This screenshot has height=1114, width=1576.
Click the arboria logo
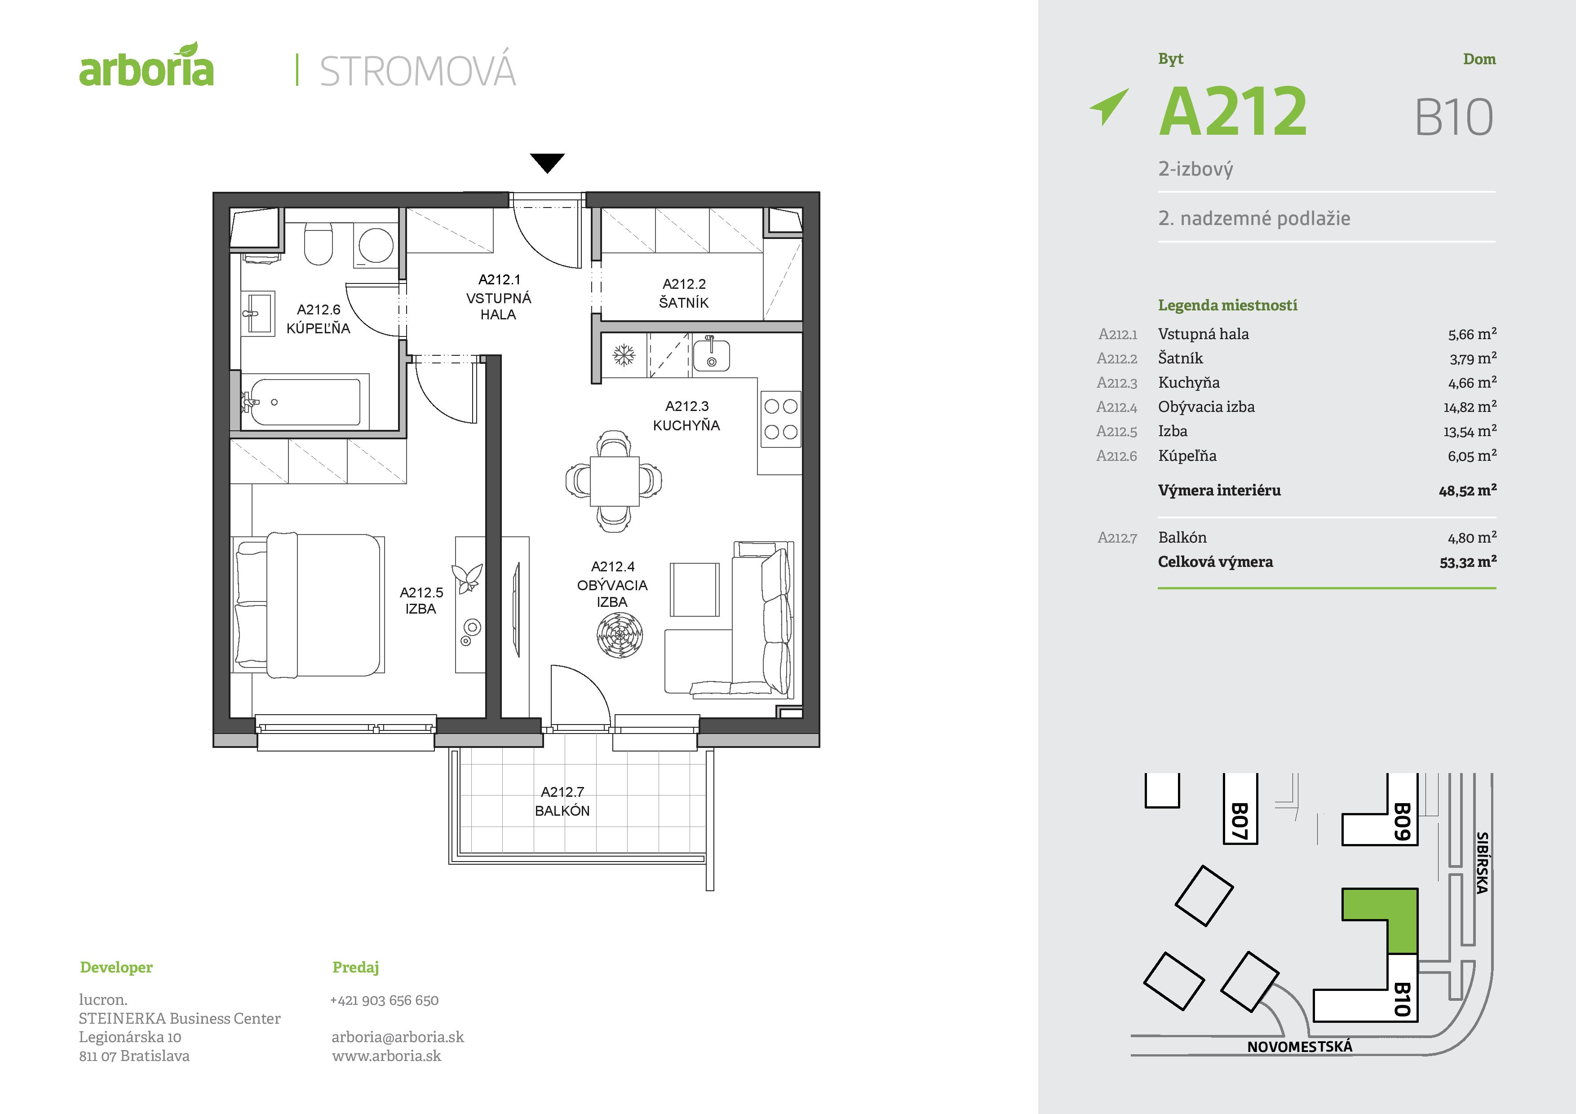coord(146,67)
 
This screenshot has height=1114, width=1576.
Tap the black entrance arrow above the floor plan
coord(547,162)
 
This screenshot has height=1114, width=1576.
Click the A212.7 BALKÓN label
coord(562,801)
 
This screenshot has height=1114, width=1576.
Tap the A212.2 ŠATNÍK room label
coord(684,293)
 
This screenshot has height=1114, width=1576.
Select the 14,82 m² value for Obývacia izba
coord(1469,407)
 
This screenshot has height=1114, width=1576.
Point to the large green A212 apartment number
coord(1233,112)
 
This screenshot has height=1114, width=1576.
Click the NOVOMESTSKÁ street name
coord(1299,1047)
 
